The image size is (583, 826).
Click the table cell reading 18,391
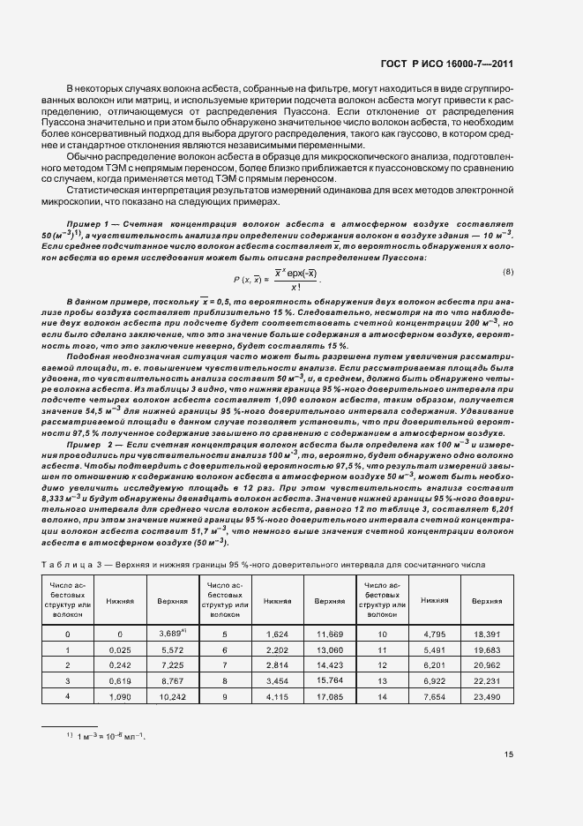point(486,633)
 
